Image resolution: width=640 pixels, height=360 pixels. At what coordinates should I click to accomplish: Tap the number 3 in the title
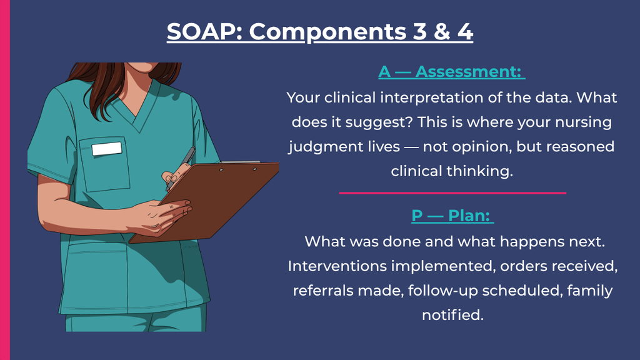click(x=419, y=31)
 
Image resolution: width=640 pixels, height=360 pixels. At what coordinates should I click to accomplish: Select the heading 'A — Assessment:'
click(x=451, y=72)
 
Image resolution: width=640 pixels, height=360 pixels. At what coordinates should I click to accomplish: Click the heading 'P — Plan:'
click(x=452, y=216)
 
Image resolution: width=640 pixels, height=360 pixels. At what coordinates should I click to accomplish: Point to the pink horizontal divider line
click(x=452, y=192)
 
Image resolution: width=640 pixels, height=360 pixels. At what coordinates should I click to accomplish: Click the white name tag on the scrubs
click(x=106, y=149)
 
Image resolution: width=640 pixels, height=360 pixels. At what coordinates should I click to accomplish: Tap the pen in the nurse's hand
click(x=181, y=167)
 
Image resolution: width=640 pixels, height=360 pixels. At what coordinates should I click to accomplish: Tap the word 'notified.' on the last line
click(x=452, y=315)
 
